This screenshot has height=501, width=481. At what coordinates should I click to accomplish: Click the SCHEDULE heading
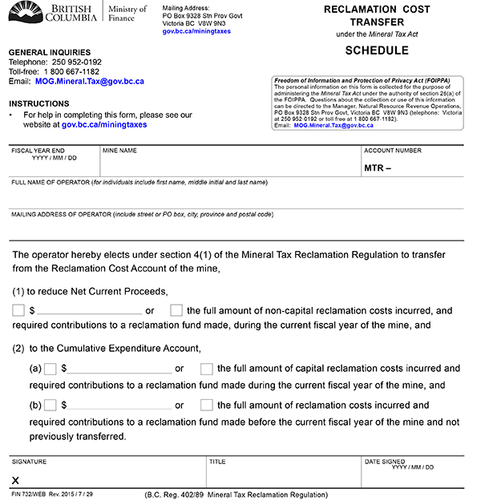point(376,51)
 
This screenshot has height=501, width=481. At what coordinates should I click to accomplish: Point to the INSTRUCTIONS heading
point(38,104)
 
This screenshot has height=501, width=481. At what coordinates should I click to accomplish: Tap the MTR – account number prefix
point(378,168)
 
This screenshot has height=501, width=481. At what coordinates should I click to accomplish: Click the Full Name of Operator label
point(138,183)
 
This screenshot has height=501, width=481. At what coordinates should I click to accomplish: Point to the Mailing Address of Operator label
point(142,215)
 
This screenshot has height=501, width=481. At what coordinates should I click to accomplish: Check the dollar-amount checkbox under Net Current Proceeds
point(18,310)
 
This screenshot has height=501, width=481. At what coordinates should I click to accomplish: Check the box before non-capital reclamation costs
point(176,310)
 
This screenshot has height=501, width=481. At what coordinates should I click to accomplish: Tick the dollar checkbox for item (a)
point(51,369)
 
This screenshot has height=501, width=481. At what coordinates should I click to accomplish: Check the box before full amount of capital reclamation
point(207,369)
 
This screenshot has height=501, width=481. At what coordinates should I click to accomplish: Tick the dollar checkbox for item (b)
point(51,405)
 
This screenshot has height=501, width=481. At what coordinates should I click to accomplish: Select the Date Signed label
point(386,462)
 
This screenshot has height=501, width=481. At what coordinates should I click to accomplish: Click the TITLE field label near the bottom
point(217,462)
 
